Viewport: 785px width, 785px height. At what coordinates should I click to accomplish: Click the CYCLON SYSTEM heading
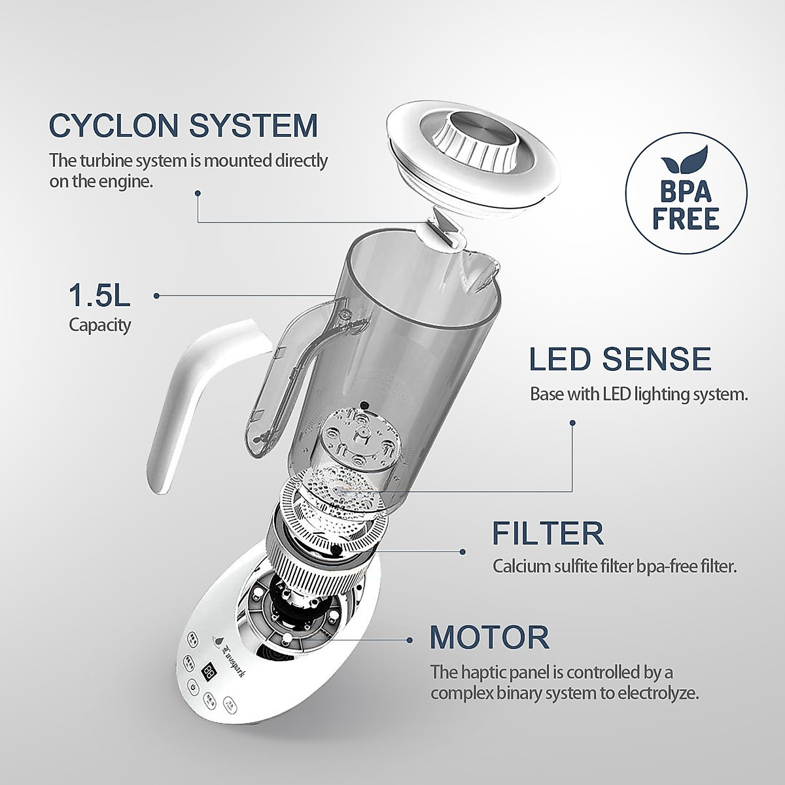pyautogui.click(x=183, y=125)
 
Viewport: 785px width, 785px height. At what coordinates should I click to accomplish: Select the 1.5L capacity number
pyautogui.click(x=100, y=296)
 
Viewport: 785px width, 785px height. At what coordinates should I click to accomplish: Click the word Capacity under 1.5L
pyautogui.click(x=100, y=324)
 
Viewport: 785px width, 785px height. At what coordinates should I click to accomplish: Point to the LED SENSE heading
pyautogui.click(x=619, y=359)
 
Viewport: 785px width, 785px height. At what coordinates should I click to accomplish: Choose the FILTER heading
pyautogui.click(x=548, y=534)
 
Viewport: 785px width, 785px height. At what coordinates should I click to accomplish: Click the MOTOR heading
pyautogui.click(x=489, y=636)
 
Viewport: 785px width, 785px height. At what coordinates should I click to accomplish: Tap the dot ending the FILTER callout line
pyautogui.click(x=465, y=551)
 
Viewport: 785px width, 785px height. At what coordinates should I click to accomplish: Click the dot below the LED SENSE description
pyautogui.click(x=573, y=422)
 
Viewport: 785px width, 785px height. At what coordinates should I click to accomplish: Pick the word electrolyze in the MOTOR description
pyautogui.click(x=661, y=693)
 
